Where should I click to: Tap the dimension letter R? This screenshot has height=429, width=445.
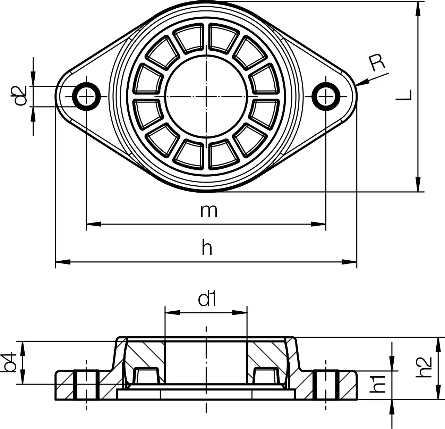click(x=377, y=64)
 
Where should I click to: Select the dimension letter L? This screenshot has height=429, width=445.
click(x=404, y=95)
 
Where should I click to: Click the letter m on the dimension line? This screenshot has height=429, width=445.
click(x=209, y=211)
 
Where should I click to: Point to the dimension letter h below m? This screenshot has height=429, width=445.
click(x=207, y=249)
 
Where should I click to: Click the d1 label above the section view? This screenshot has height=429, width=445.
click(x=207, y=299)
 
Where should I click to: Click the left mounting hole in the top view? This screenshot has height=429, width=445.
click(x=86, y=96)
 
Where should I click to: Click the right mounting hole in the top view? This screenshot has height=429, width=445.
click(x=326, y=96)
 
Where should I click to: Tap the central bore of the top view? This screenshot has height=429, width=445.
click(x=207, y=96)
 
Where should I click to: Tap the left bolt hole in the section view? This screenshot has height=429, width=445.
click(x=86, y=385)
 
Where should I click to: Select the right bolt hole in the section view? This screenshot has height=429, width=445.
click(x=326, y=385)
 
